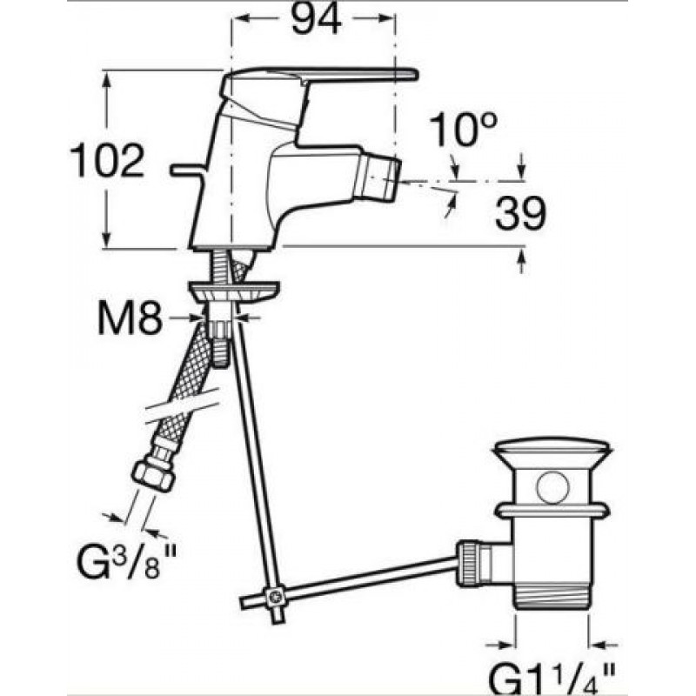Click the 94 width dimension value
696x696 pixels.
pyautogui.click(x=317, y=18)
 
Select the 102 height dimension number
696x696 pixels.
pyautogui.click(x=108, y=160)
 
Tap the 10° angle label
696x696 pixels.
pyautogui.click(x=463, y=129)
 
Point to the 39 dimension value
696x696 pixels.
pyautogui.click(x=520, y=213)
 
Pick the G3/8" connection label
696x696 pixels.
pyautogui.click(x=127, y=560)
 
